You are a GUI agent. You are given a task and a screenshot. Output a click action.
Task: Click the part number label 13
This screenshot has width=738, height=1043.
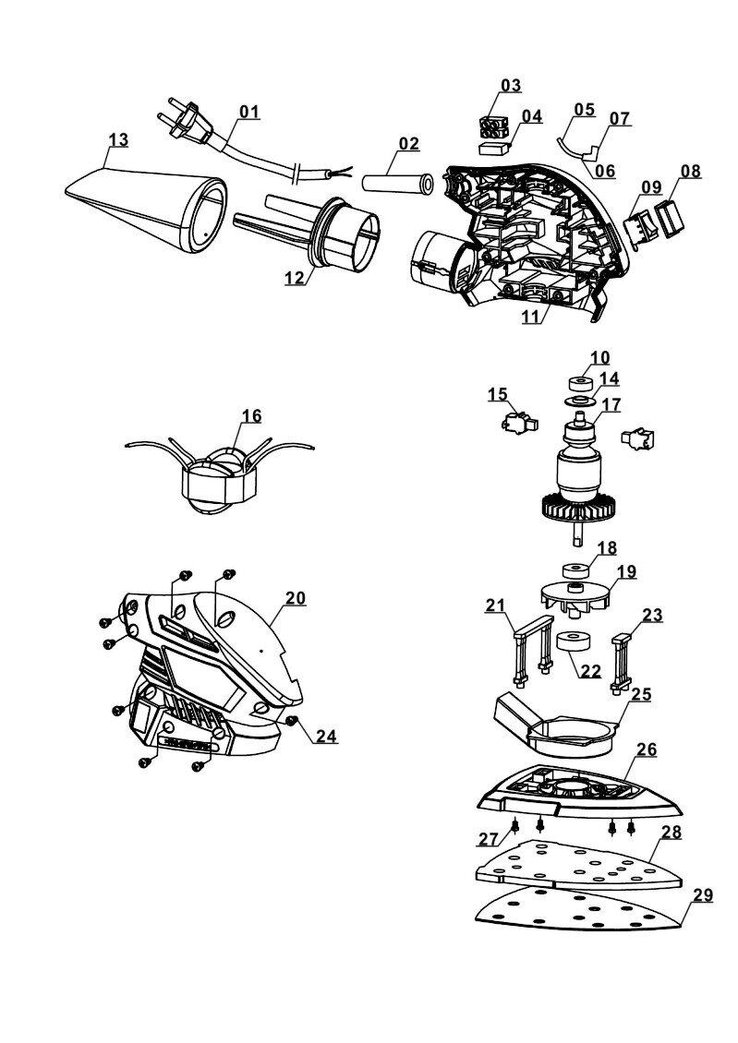pos(117,139)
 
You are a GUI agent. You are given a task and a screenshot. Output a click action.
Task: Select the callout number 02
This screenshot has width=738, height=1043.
pos(408,144)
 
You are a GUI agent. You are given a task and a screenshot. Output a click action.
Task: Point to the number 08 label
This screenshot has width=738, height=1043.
pos(690,171)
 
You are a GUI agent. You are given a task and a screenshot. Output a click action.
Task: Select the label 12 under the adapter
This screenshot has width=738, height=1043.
pos(295,277)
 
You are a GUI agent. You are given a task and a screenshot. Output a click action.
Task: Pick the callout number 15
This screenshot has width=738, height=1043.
pos(498,395)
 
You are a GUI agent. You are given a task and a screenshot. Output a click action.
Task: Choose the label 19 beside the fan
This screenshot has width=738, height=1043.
pos(626,571)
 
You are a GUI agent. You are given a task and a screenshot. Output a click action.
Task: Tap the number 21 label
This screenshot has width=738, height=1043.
pos(496,605)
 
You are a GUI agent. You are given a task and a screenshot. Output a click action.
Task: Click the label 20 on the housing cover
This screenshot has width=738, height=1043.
pos(295,597)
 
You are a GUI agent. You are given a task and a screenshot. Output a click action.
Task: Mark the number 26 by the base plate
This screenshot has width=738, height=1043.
pos(646,749)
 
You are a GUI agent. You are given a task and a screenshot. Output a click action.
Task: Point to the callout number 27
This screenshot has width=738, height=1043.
pos(488,839)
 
